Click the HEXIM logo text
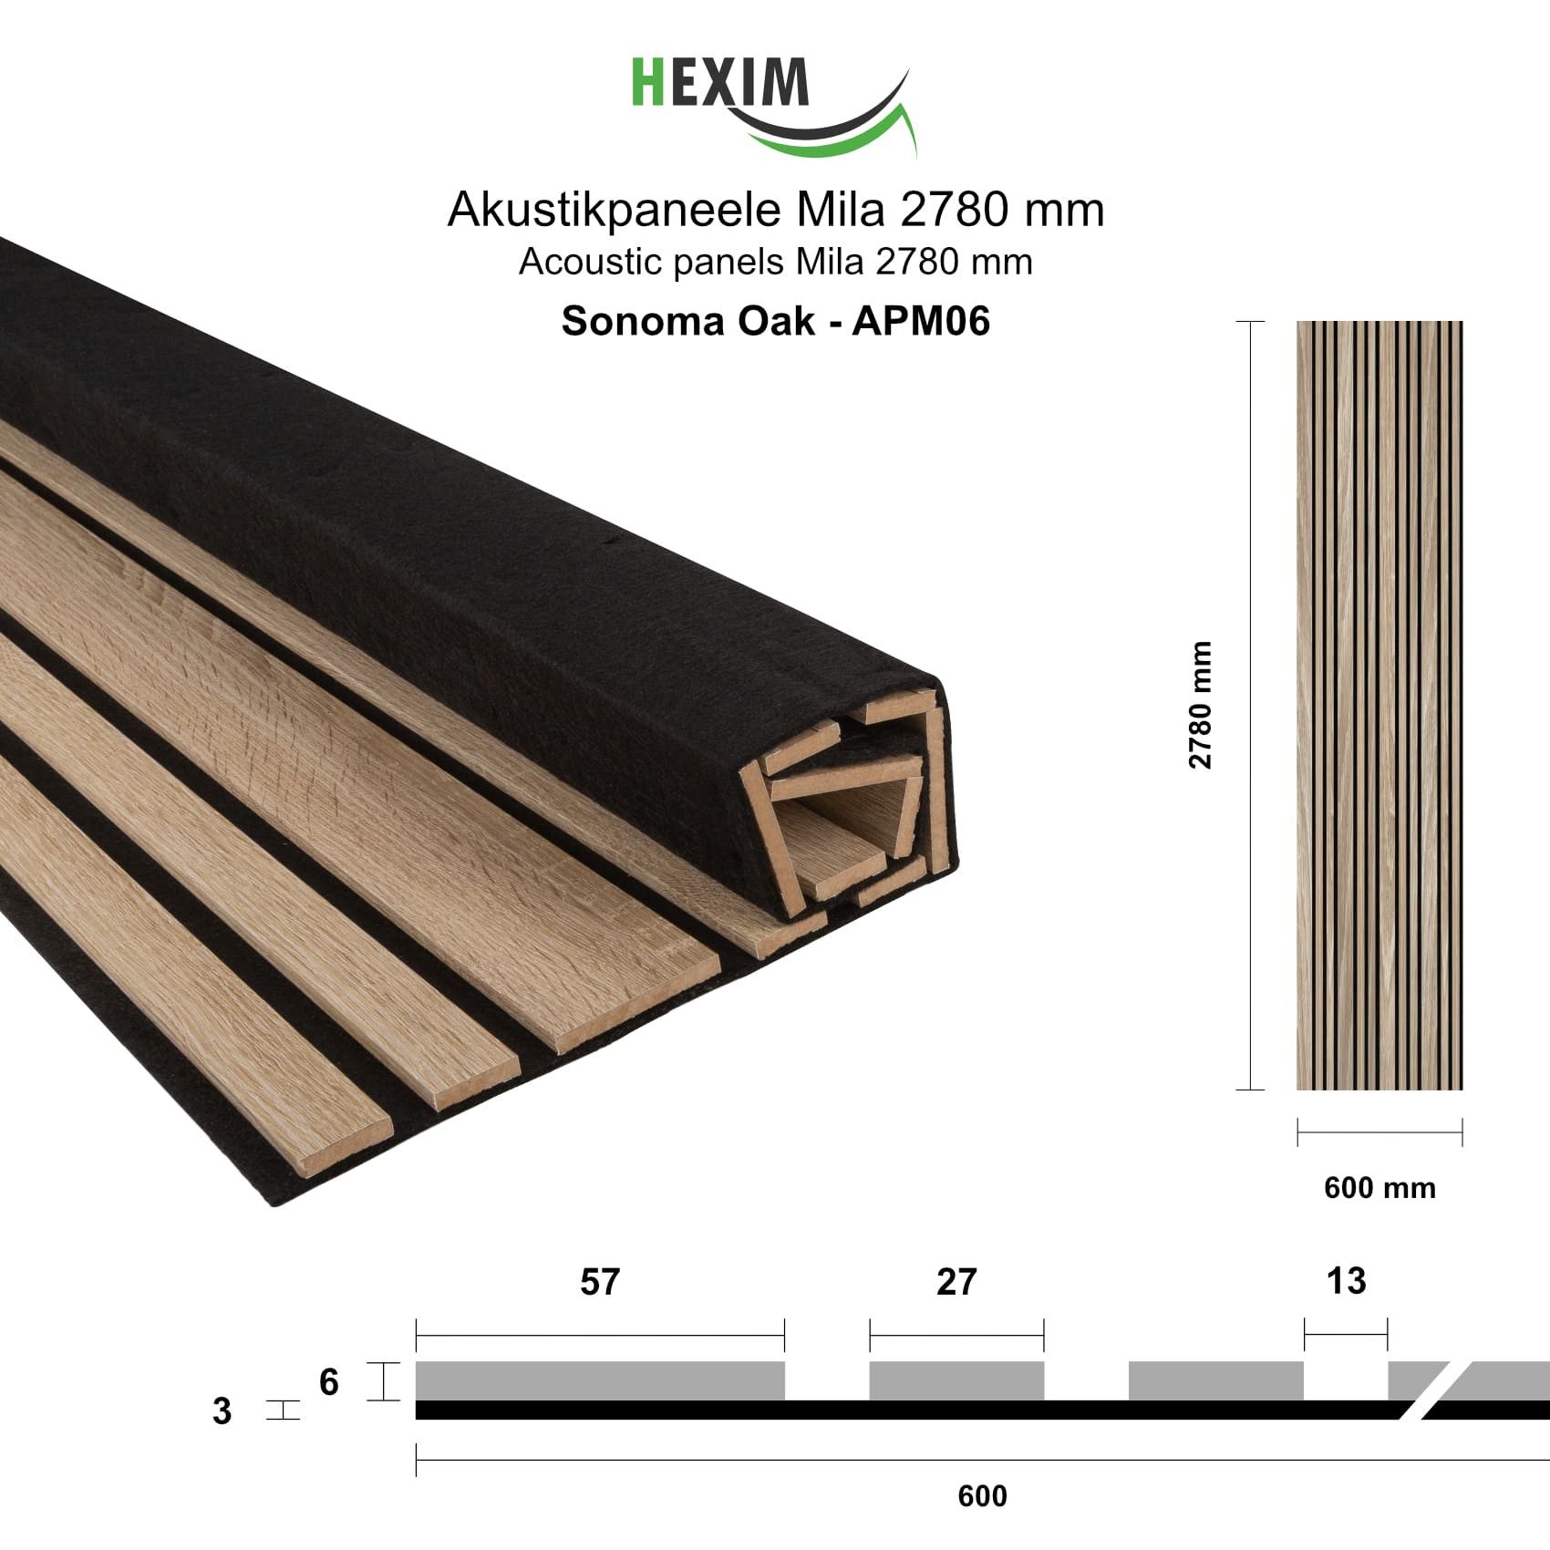click(x=720, y=83)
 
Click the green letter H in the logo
click(x=646, y=83)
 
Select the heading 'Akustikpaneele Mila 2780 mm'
click(x=775, y=211)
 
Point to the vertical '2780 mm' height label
click(x=1201, y=705)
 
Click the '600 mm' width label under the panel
click(x=1379, y=1188)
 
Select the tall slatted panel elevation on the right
click(x=1379, y=705)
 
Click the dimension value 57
click(x=599, y=1282)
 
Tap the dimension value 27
click(x=956, y=1282)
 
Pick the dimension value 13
click(x=1346, y=1281)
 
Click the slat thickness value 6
click(x=329, y=1382)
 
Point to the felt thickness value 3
click(x=222, y=1411)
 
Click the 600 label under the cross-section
click(x=982, y=1496)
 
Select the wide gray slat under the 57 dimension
click(x=599, y=1380)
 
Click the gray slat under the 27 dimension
click(x=956, y=1380)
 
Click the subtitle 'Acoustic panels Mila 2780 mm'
click(x=775, y=263)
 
